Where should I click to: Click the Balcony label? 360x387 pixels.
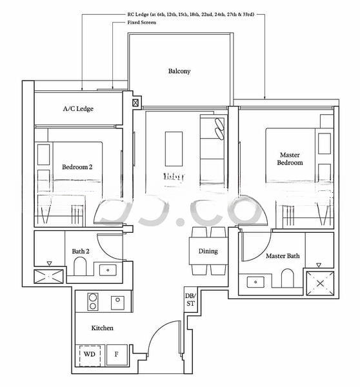point(179,71)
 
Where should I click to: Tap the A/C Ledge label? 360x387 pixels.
point(78,109)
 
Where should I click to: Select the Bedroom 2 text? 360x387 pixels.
point(77,167)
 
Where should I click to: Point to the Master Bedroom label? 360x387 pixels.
point(290,159)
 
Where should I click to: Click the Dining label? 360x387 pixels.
point(208,251)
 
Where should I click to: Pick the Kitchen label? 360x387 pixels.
point(102,328)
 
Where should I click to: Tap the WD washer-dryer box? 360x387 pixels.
point(90,354)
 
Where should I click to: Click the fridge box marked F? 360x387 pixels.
point(117,354)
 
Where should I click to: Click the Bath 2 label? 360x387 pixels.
point(81,251)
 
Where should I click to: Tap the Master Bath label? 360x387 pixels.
point(283,256)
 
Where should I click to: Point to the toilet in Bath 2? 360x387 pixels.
point(81,267)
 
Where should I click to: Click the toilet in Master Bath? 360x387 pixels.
point(287,279)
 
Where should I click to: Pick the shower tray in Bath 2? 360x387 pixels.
point(49,277)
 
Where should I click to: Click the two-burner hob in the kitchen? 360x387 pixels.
point(92,302)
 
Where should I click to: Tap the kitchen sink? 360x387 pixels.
point(117,301)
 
